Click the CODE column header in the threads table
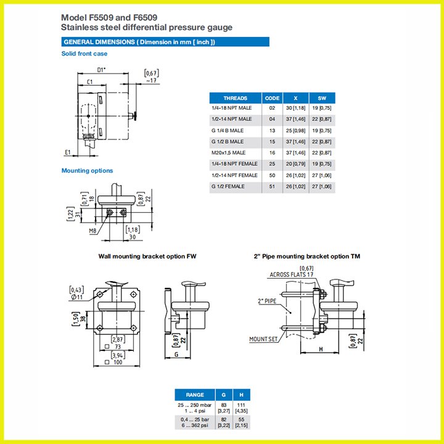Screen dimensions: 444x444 [x=272, y=98]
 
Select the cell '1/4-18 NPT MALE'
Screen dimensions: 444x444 [x=232, y=108]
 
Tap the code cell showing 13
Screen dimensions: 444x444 [x=272, y=131]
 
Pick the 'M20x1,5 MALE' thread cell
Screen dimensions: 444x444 [x=229, y=153]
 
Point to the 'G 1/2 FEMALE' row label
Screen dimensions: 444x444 [x=228, y=187]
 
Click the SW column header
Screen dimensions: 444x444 [x=322, y=98]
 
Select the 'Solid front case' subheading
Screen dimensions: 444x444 [x=84, y=54]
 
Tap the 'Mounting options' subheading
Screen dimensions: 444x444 [x=87, y=170]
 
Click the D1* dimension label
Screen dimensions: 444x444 [x=101, y=70]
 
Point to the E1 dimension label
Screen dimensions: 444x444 [x=67, y=152]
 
